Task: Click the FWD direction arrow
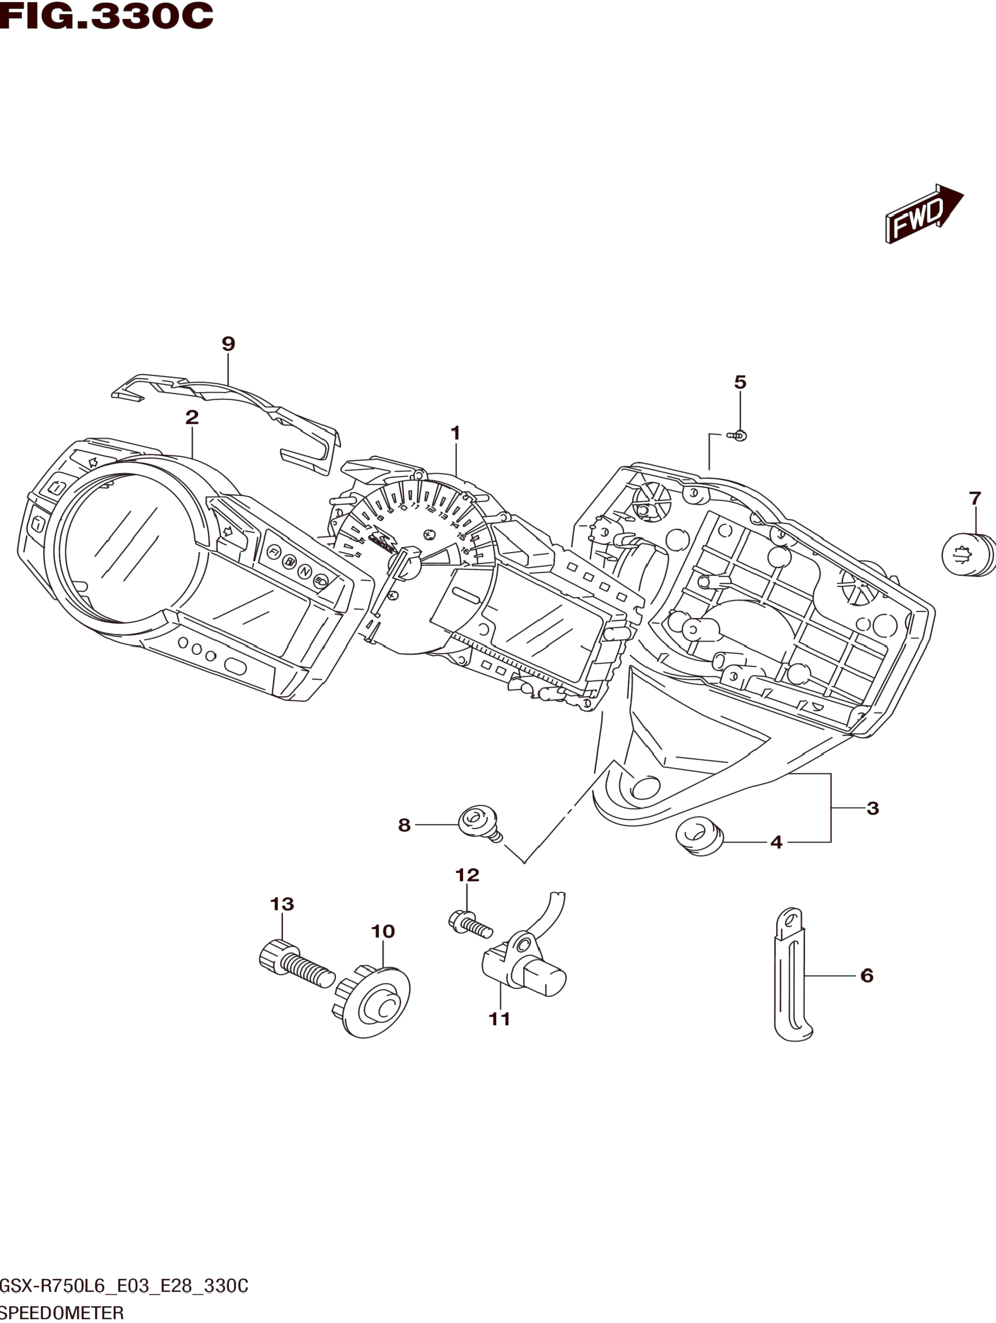pos(924,213)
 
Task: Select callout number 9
pos(228,343)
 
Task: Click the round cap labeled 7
pos(968,554)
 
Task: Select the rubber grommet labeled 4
pos(700,837)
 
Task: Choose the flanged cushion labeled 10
pos(371,1001)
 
